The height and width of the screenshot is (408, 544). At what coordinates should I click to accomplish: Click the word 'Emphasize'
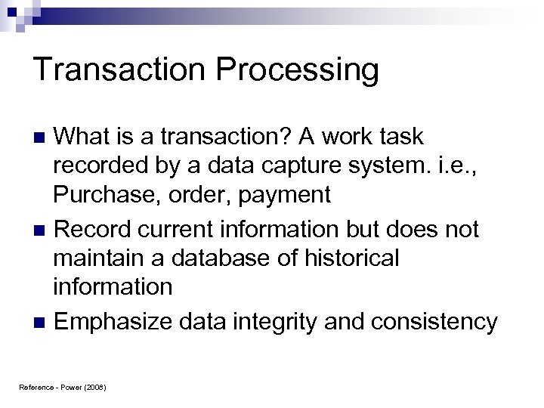[x=115, y=323]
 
